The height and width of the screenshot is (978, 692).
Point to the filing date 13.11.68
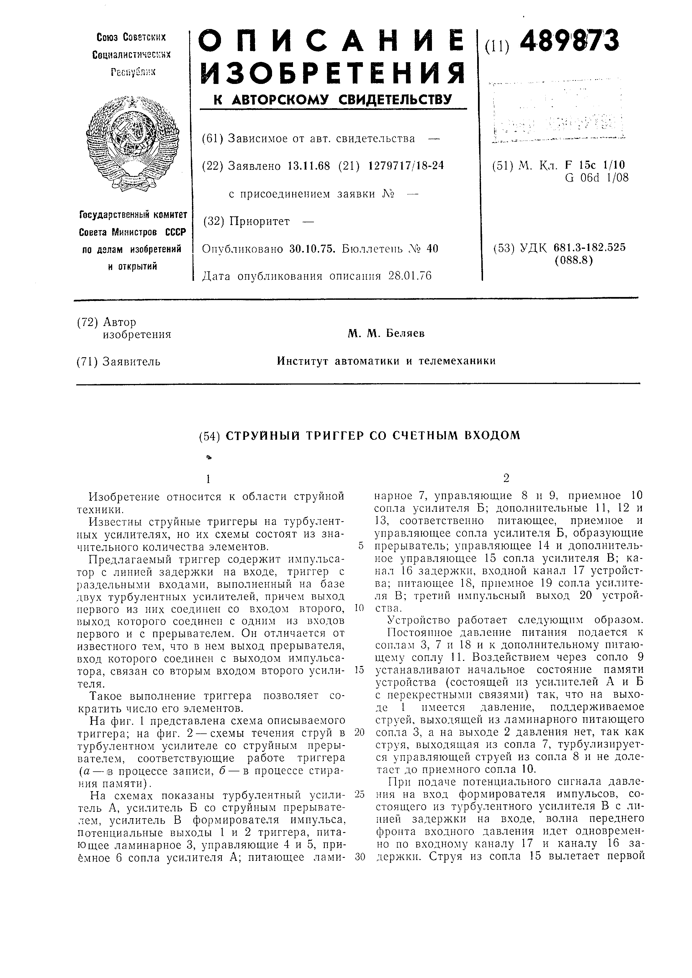pyautogui.click(x=309, y=166)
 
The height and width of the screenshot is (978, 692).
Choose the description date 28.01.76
pyautogui.click(x=410, y=276)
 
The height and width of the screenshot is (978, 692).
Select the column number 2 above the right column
pyautogui.click(x=506, y=478)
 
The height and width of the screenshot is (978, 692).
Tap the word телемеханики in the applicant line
pyautogui.click(x=457, y=361)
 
